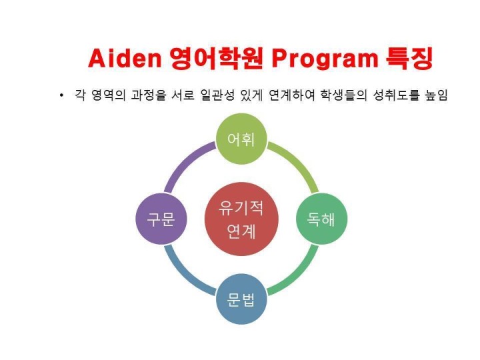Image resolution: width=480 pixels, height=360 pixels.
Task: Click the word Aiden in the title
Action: click(125, 58)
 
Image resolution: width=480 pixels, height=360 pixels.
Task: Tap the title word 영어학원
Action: click(216, 58)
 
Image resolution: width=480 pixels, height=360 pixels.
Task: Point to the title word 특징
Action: click(409, 58)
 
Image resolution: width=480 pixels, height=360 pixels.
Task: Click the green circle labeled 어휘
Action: click(241, 139)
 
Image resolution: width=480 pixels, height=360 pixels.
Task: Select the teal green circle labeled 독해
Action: click(321, 219)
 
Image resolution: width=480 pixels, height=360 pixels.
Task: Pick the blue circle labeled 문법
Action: click(241, 299)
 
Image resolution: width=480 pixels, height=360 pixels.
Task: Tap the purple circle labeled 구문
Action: click(161, 219)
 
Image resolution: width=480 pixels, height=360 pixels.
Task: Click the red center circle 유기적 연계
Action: click(241, 219)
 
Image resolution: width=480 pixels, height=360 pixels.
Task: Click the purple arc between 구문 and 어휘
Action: click(185, 162)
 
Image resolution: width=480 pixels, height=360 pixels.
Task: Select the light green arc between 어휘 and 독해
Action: click(298, 162)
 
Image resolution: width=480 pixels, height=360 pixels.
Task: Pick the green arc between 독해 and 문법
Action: click(298, 275)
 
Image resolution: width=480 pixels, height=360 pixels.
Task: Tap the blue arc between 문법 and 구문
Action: click(185, 275)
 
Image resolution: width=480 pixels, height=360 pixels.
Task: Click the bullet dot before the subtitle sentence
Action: click(62, 95)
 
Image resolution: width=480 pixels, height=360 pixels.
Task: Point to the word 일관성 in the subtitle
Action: click(217, 95)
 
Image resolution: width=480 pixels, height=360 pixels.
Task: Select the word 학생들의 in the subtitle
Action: click(343, 95)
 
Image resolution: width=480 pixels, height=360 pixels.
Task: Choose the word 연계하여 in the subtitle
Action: click(291, 95)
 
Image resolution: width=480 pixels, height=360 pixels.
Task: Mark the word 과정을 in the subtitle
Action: click(148, 95)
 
